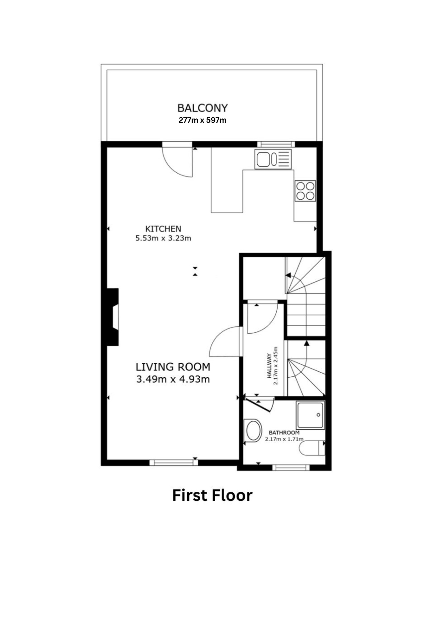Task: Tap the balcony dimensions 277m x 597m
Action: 202,120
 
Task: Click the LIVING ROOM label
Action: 173,367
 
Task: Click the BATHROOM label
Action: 284,433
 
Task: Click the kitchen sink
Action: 273,159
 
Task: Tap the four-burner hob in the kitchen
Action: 305,191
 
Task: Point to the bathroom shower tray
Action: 310,415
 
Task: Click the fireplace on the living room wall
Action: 112,317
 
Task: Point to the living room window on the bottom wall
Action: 174,462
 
